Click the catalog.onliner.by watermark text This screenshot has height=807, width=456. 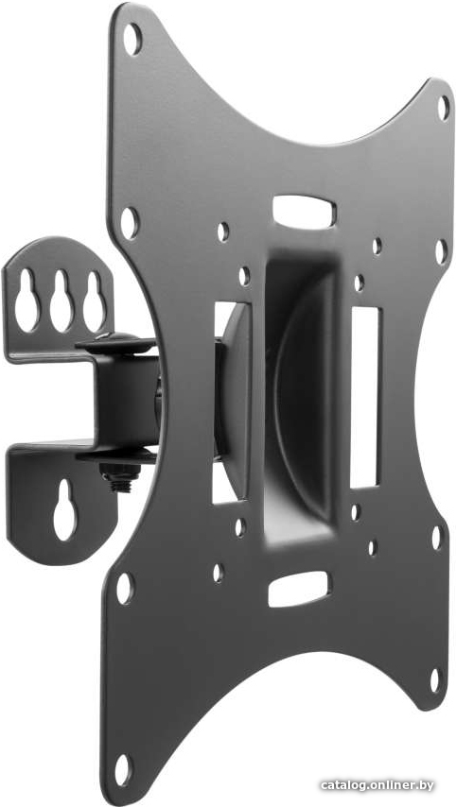(x=377, y=785)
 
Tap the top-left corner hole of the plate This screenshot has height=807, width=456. (x=132, y=40)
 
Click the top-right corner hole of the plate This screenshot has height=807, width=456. (x=443, y=108)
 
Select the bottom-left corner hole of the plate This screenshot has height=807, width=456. (x=123, y=770)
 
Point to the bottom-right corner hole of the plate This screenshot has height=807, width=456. (x=435, y=679)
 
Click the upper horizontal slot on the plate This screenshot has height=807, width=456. (x=304, y=212)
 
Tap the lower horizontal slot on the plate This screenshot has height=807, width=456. (x=298, y=589)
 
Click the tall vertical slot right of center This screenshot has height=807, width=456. (x=365, y=397)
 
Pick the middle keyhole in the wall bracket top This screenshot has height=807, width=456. (x=61, y=300)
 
